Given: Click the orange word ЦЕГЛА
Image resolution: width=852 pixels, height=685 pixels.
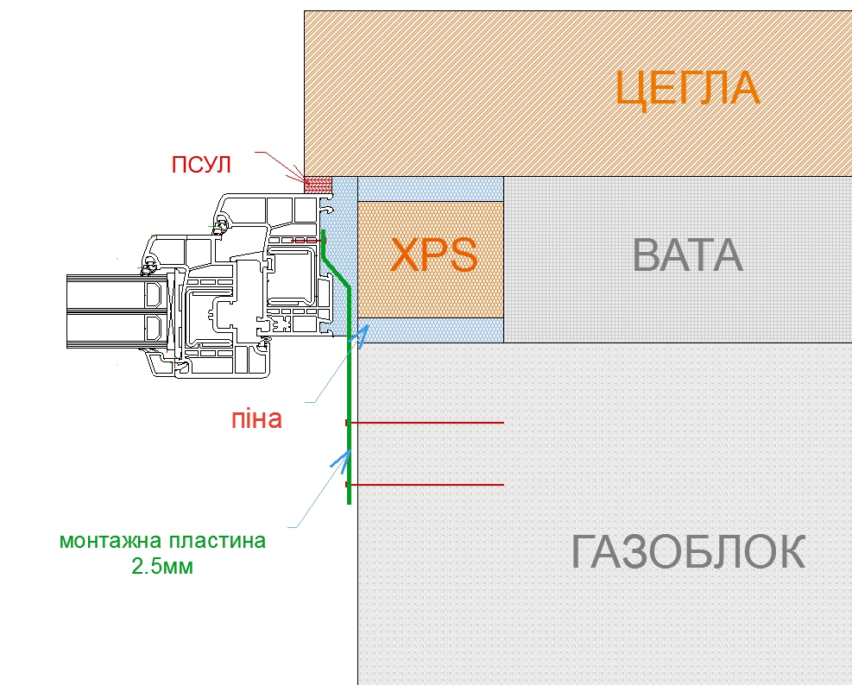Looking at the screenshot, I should point(688,88).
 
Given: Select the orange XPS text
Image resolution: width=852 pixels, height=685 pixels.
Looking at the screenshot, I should point(434,255).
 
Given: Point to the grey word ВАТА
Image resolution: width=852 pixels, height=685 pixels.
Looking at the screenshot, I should point(687,255).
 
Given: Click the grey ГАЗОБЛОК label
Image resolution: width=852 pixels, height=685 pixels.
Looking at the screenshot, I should point(688,552).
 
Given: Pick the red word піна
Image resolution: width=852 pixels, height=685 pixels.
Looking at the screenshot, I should point(256,419).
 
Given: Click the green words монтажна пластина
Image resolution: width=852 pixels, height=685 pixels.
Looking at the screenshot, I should point(162,542).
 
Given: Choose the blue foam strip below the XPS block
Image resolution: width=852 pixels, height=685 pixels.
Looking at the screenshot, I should point(430,330).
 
